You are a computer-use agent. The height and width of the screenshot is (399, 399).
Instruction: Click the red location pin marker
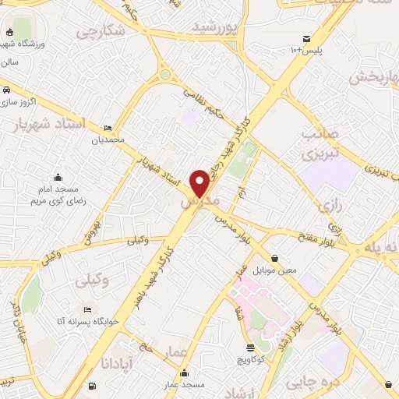tap(200, 182)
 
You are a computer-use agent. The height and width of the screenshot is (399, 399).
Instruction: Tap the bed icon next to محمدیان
tap(108, 128)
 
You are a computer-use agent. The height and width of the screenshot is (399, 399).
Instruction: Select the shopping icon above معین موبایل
tap(274, 258)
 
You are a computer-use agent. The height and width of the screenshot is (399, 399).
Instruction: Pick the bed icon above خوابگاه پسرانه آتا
tap(87, 309)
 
